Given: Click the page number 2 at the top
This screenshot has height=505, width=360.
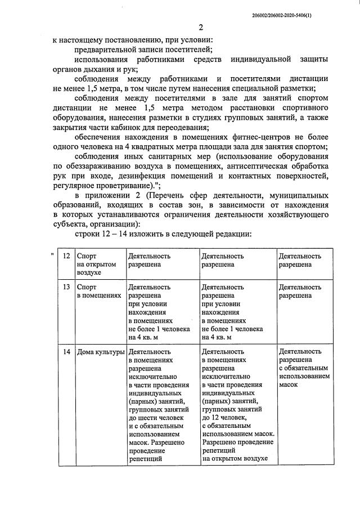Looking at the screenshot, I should point(200,29).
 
